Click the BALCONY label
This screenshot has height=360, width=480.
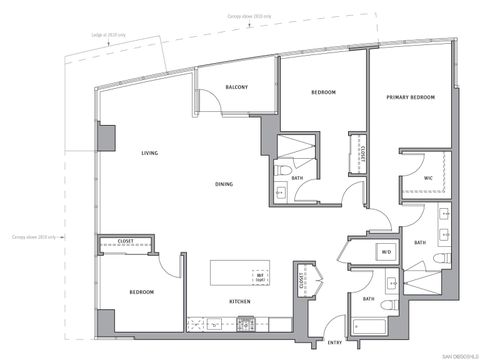click(237, 86)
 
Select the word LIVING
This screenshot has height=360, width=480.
click(150, 152)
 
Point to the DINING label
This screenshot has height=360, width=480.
click(226, 184)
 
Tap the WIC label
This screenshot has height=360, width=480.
click(427, 178)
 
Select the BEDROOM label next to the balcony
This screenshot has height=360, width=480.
click(322, 92)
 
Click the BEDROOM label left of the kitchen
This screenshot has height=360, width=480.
click(141, 292)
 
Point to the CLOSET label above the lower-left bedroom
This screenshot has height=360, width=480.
click(126, 241)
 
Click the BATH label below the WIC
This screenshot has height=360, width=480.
click(420, 242)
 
